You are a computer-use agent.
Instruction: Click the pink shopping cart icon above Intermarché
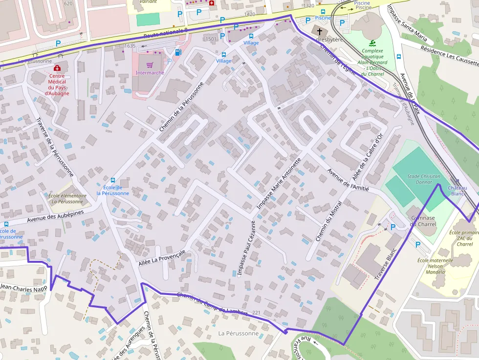(150, 64)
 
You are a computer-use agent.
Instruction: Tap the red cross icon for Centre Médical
(57, 68)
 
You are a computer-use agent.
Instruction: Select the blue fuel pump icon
(178, 52)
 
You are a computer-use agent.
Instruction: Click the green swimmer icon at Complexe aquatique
(372, 42)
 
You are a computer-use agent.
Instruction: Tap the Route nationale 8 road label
(166, 33)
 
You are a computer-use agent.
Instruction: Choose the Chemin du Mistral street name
(328, 220)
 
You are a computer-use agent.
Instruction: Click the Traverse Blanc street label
(385, 266)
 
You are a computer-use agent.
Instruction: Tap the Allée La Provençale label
(162, 259)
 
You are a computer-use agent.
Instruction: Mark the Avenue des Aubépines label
(55, 216)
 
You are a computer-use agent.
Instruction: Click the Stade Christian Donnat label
(424, 179)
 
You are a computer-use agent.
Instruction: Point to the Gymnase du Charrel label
(423, 221)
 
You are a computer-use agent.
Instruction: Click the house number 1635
(130, 46)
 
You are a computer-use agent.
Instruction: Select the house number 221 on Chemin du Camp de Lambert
(257, 313)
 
